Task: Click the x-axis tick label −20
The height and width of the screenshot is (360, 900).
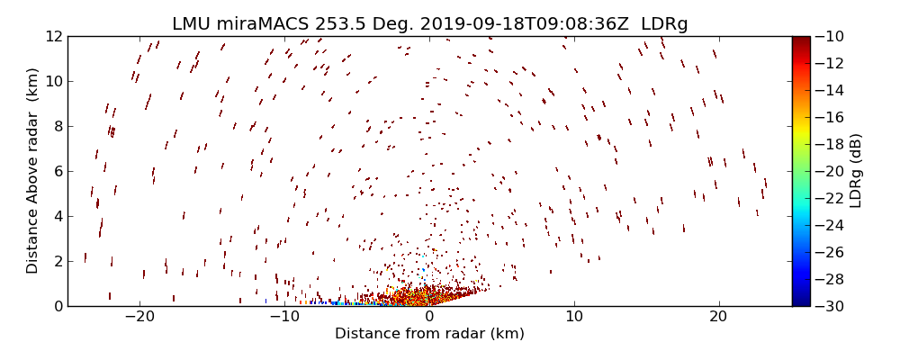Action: coord(139,318)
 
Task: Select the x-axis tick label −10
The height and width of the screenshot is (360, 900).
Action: coord(284,318)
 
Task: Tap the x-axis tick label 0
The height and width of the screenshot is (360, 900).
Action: coord(429,318)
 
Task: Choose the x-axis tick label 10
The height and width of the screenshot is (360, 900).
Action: coord(574,318)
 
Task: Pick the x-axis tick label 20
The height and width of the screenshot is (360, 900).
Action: coord(718,318)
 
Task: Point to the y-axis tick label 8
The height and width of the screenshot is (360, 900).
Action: coord(57,126)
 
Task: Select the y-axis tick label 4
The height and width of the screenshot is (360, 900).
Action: coord(57,216)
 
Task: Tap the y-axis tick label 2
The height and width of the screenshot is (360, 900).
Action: coord(57,261)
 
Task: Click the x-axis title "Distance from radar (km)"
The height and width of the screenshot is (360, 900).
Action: coord(429,334)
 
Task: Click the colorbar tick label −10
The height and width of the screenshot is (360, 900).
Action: coord(832,36)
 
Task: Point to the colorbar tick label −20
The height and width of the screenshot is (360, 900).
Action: coord(832,171)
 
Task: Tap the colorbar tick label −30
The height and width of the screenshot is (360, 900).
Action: coord(832,306)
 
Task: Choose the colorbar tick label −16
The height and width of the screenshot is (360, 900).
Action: coord(832,117)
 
